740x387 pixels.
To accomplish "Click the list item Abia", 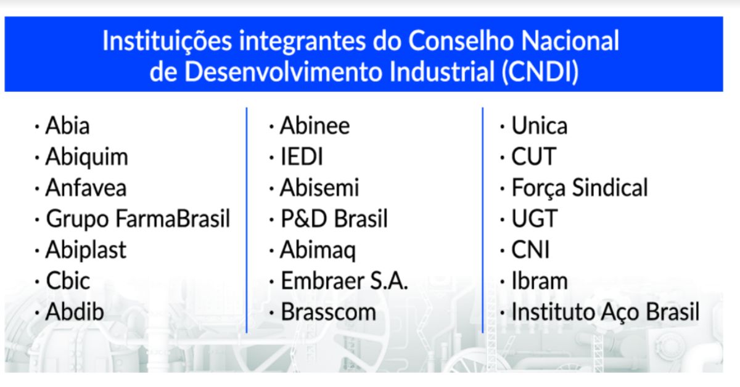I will coord(68,126).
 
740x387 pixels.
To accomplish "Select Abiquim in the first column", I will coord(86,157).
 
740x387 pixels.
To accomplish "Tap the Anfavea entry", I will coord(86,188).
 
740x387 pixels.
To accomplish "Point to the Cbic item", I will coord(68,281).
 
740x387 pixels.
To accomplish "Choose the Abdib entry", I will coord(75,312).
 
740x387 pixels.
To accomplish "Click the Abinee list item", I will coord(314,126).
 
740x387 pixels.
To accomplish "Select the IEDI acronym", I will coord(302,157).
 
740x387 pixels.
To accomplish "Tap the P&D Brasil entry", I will coord(334,219).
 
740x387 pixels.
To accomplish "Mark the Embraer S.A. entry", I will coord(344,281).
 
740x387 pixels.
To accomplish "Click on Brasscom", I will coord(328,312).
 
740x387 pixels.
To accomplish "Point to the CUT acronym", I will coord(533,157).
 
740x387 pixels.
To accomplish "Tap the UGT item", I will coord(534,219).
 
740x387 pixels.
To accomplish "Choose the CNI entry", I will coord(530,250).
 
